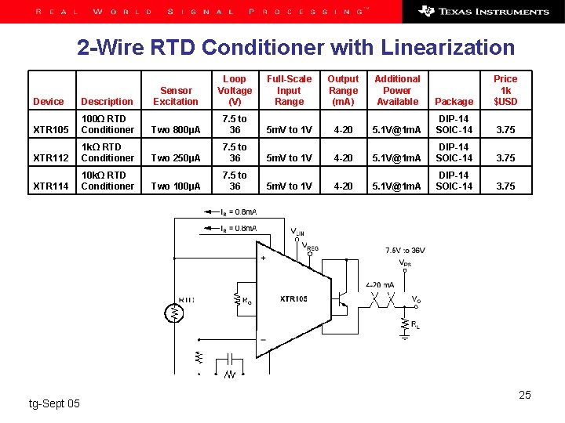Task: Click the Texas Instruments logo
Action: [x=484, y=12]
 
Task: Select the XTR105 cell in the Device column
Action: [x=51, y=130]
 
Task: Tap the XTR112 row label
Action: [x=51, y=158]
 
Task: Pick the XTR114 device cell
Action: [x=51, y=186]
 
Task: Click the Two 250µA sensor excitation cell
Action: [x=176, y=158]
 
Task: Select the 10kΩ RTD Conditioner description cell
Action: [x=108, y=181]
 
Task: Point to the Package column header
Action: [x=454, y=102]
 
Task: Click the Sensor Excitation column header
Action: [x=176, y=96]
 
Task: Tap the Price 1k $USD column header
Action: [x=505, y=90]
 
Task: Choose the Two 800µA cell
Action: [x=176, y=130]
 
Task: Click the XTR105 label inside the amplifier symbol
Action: [x=293, y=299]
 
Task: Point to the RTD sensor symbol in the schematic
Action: [x=175, y=311]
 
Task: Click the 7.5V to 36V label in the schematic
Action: [x=405, y=251]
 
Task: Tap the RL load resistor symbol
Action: [x=404, y=323]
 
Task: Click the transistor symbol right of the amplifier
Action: [x=341, y=289]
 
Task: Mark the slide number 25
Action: [x=525, y=395]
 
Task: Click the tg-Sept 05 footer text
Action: [x=54, y=403]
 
